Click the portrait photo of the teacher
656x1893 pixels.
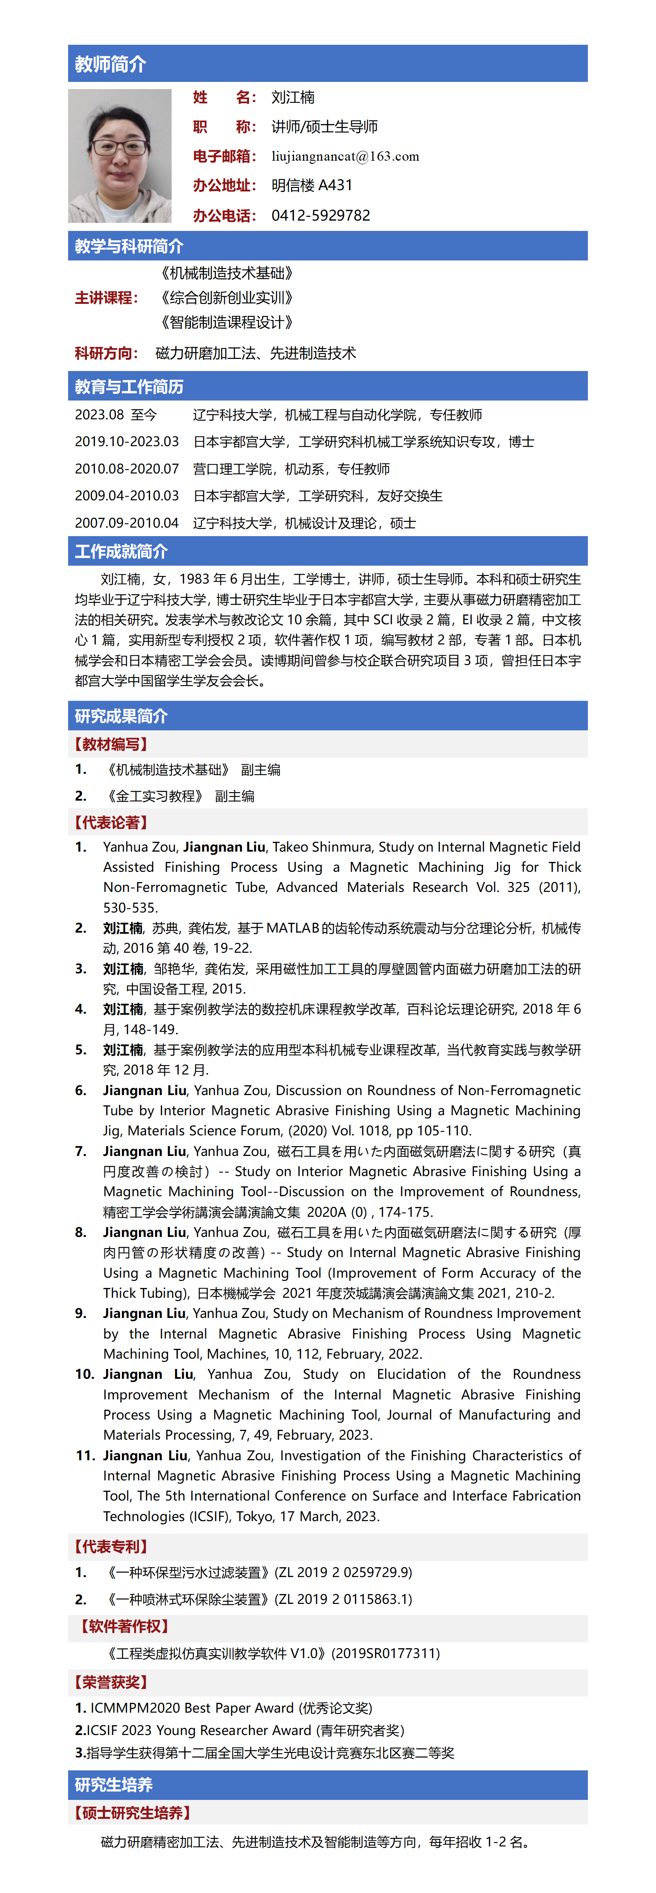(120, 156)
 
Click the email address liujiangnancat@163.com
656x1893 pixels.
(345, 157)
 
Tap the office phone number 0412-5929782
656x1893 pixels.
(321, 215)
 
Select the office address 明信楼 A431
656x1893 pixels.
(312, 185)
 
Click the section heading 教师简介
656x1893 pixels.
(110, 64)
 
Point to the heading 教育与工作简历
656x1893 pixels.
(129, 387)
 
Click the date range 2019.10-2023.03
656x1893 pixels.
(126, 442)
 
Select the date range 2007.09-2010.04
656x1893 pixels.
(126, 523)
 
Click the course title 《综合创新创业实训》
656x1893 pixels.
(227, 298)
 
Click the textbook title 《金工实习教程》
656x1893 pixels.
(155, 796)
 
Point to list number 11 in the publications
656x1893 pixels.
(85, 1456)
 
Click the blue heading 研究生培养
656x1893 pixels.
(113, 1785)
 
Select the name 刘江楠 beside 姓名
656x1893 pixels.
(293, 98)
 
